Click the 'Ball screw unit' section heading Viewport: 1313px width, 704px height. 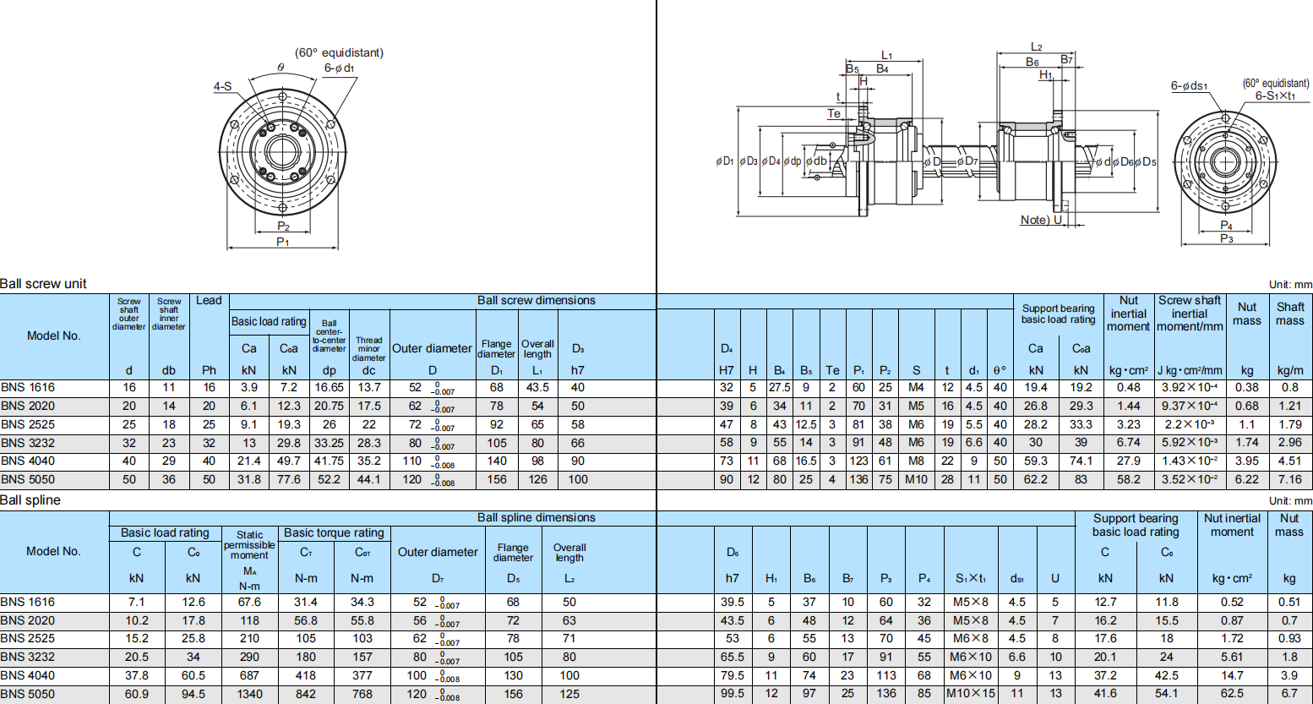tap(43, 284)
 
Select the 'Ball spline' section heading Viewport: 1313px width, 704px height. tap(30, 500)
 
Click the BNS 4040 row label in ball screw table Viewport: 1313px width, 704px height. tap(28, 461)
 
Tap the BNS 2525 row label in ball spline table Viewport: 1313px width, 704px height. tap(28, 639)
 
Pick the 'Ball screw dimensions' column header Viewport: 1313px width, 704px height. tap(536, 301)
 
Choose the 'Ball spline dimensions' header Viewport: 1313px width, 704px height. tap(536, 518)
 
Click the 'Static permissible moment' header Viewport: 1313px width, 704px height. tap(249, 545)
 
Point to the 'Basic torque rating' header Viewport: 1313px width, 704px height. tap(334, 533)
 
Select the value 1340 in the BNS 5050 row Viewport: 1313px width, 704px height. tap(249, 694)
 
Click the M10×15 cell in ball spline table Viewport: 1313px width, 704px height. tap(970, 694)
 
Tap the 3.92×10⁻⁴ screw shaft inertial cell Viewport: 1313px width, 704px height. tap(1189, 388)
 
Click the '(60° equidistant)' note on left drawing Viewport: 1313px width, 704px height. tap(339, 52)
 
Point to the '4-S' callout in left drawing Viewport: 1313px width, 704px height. tap(222, 86)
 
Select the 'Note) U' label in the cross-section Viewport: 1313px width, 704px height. tap(1041, 220)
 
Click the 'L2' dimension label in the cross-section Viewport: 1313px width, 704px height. tap(1036, 47)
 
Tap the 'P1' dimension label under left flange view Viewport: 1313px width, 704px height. tap(283, 243)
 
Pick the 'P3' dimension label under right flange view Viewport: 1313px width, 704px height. tap(1226, 239)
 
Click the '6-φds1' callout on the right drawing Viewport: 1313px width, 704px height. tap(1189, 86)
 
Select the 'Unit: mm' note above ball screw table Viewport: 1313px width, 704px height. tap(1290, 285)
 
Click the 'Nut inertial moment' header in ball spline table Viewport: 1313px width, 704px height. tap(1231, 526)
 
